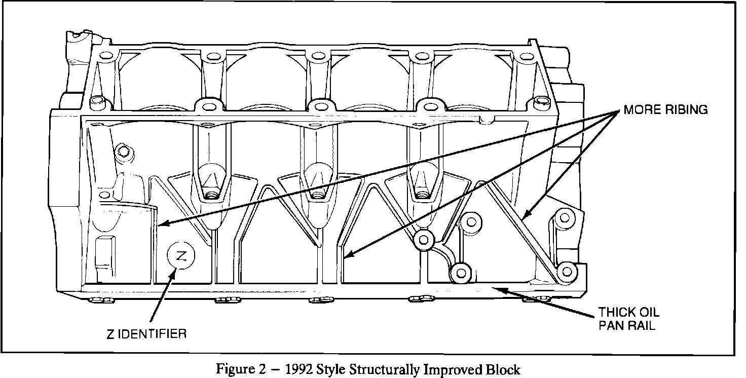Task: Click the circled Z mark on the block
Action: point(180,254)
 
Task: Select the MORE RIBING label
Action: point(665,110)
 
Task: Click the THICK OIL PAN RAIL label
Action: point(629,319)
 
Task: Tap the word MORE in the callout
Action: point(640,110)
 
